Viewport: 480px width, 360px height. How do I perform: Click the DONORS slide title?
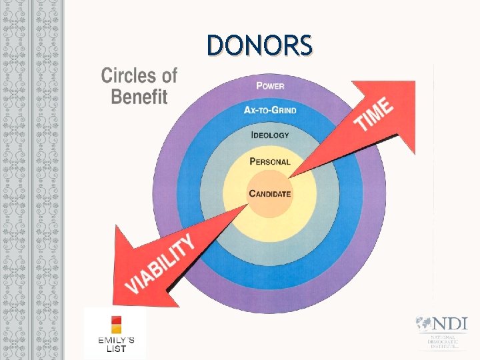(259, 45)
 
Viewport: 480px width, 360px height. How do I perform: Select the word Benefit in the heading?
(139, 97)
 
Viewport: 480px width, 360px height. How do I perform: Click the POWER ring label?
(271, 85)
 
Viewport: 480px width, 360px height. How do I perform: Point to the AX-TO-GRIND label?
(271, 110)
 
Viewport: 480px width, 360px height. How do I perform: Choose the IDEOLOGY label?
(270, 135)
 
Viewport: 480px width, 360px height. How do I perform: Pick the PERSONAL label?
(270, 161)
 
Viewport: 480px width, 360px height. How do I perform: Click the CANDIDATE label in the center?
(270, 194)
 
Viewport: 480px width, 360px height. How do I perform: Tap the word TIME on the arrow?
(373, 115)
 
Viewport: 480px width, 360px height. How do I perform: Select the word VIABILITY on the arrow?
(162, 265)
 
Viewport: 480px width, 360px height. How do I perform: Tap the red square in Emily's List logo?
(116, 319)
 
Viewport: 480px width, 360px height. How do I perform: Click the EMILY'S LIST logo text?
(116, 344)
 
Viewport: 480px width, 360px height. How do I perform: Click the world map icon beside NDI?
(423, 324)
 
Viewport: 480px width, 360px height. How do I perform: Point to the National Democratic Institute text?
(443, 341)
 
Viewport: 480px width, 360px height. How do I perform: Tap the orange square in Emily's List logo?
(116, 329)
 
